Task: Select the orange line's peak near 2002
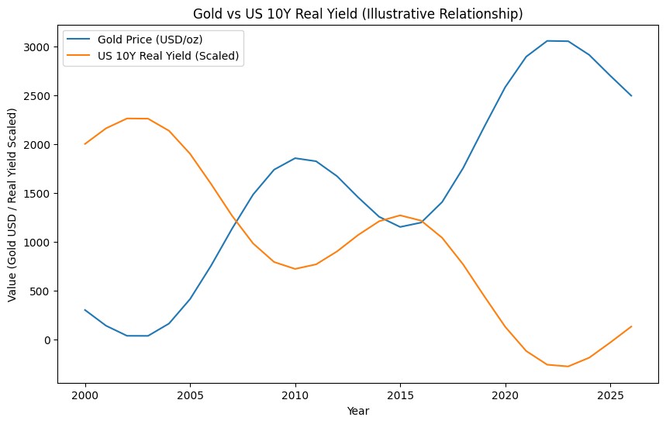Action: (x=127, y=119)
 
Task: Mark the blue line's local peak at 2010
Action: (x=295, y=158)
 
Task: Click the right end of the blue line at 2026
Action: (x=631, y=95)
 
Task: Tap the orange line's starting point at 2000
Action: (x=85, y=144)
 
